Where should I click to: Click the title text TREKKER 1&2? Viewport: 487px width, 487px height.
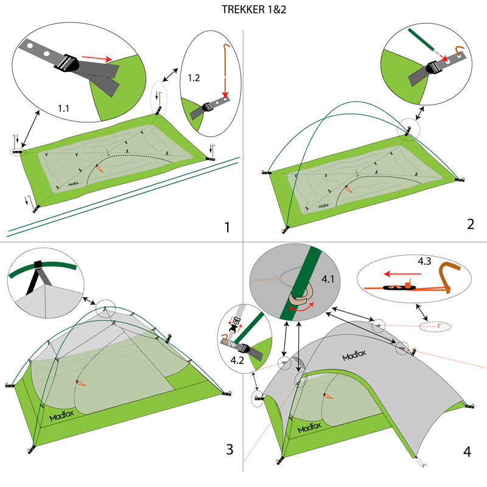point(243,10)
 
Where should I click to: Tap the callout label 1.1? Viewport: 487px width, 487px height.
point(63,108)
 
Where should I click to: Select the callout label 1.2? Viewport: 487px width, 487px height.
point(194,78)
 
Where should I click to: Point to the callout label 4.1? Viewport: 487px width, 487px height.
point(328,279)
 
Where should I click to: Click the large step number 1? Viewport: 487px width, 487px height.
point(226,228)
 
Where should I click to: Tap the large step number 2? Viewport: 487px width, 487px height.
point(470,223)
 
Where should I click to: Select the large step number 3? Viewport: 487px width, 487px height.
point(229,450)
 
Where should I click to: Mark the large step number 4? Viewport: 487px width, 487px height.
point(466,452)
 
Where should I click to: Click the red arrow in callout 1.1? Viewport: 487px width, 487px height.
point(97,58)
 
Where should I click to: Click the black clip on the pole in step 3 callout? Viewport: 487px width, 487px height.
point(38,264)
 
